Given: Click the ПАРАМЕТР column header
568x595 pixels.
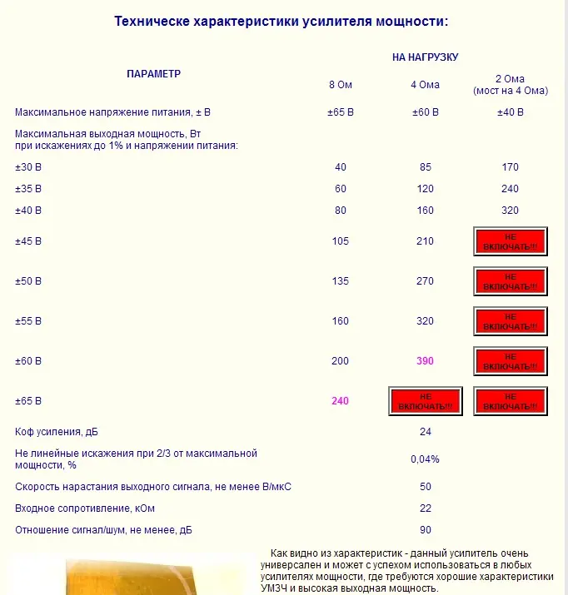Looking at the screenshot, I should [x=153, y=73].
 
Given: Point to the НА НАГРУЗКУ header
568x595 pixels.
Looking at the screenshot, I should [x=425, y=57].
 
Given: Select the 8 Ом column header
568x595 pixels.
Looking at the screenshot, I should [x=340, y=84].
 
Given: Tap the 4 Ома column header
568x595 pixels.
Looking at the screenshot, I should [x=425, y=84].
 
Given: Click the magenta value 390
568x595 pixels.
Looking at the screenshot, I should [x=425, y=361].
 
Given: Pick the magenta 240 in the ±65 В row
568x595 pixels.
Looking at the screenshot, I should [x=340, y=400].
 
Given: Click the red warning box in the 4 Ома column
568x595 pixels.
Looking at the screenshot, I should [x=425, y=401].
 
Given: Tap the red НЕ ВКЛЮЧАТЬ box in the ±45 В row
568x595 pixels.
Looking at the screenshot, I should [x=510, y=241].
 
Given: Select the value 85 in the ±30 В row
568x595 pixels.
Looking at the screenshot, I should [x=425, y=167].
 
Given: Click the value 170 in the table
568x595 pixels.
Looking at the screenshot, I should [x=510, y=167].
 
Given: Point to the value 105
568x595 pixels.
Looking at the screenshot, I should [x=340, y=241].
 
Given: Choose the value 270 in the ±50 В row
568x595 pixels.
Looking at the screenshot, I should [x=425, y=281].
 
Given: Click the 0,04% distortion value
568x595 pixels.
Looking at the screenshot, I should [x=425, y=459].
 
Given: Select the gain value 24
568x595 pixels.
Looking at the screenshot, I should [x=425, y=432].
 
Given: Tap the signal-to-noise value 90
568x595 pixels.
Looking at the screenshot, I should [x=425, y=530].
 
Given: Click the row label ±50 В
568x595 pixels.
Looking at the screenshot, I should [x=28, y=281].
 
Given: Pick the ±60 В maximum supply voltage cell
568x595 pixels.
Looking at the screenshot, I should [x=425, y=112].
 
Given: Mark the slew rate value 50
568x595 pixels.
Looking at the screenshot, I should [x=425, y=486].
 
